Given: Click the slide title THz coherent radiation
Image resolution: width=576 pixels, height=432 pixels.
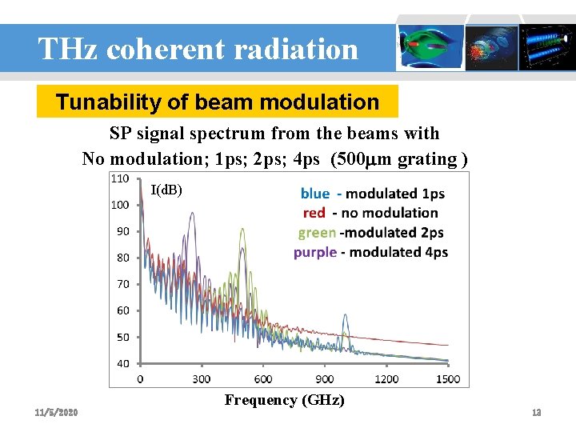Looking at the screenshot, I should pyautogui.click(x=198, y=50).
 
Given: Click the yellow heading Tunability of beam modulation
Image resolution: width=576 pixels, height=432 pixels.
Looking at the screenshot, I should pyautogui.click(x=217, y=102).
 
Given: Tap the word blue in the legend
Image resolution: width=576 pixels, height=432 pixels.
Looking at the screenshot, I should pyautogui.click(x=314, y=194).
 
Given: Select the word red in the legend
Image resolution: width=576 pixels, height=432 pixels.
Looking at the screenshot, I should pyautogui.click(x=314, y=213).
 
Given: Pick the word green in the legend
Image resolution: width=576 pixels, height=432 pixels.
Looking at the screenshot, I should pyautogui.click(x=317, y=233).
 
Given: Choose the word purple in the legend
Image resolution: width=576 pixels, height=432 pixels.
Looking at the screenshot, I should pyautogui.click(x=314, y=252).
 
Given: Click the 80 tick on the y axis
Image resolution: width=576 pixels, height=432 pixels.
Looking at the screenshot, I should pyautogui.click(x=122, y=258).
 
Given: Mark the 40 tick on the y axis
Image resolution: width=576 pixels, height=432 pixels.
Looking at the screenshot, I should pyautogui.click(x=122, y=363).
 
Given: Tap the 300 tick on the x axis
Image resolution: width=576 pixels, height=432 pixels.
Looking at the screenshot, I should pyautogui.click(x=202, y=378).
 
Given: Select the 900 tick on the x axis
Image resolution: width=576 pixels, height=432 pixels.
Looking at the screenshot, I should pyautogui.click(x=324, y=378).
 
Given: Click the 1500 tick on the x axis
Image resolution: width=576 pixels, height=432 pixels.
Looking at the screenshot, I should pyautogui.click(x=449, y=378).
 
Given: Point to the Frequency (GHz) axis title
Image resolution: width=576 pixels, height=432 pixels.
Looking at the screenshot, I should pyautogui.click(x=284, y=400).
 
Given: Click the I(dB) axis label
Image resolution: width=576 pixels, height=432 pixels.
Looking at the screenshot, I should pyautogui.click(x=166, y=190).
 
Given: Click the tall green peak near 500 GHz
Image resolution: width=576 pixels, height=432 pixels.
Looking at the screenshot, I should pyautogui.click(x=242, y=232).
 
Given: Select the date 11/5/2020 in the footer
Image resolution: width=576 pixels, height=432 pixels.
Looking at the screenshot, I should pyautogui.click(x=56, y=412).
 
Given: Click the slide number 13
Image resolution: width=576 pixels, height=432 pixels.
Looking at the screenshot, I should pyautogui.click(x=537, y=412).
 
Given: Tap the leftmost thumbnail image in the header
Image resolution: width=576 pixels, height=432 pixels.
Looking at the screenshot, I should pyautogui.click(x=431, y=46).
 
